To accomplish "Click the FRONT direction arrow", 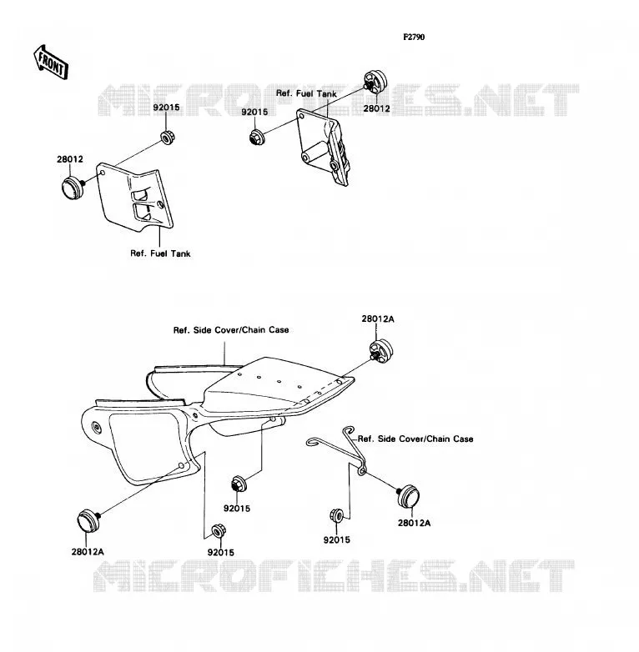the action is [x=51, y=63].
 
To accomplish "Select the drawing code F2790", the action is [x=414, y=37].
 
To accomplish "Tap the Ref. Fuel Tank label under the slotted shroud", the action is [x=160, y=253].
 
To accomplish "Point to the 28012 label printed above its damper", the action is [x=70, y=159].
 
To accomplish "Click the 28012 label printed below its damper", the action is [x=376, y=108].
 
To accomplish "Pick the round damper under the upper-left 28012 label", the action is [x=73, y=188].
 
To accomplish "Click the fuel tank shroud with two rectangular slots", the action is [x=135, y=198].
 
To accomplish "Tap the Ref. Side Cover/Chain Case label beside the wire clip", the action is [x=415, y=439].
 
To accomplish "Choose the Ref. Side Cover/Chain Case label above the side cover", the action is [x=231, y=329].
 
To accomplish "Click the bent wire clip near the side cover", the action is [x=338, y=450].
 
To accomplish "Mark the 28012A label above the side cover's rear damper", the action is [x=378, y=319].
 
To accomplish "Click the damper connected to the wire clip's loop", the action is [x=408, y=496].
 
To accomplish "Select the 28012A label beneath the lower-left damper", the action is [x=88, y=552].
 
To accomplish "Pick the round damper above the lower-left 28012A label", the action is [x=88, y=520].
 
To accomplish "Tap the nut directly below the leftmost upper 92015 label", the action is [x=167, y=138].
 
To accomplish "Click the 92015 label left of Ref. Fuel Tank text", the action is [x=254, y=113].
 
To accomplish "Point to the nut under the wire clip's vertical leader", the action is [x=336, y=515].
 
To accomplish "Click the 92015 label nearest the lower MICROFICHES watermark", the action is [x=220, y=553].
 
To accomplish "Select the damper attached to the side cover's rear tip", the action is [x=380, y=350].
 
